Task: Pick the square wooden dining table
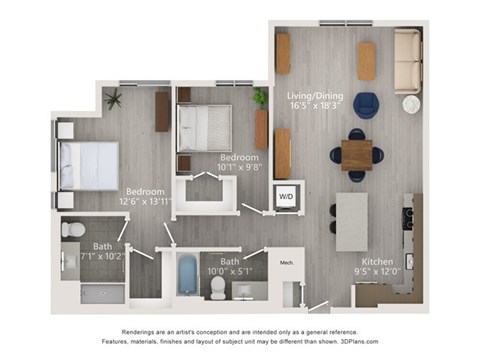tap(356, 154)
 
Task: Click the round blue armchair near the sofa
tap(366, 105)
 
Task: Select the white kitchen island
tap(351, 221)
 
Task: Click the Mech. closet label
tap(285, 265)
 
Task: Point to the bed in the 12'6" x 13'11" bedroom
tap(88, 164)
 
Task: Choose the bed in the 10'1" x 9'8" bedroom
tap(205, 127)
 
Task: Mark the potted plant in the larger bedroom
tap(113, 98)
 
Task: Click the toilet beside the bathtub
tap(218, 287)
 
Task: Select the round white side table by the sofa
tap(411, 104)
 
